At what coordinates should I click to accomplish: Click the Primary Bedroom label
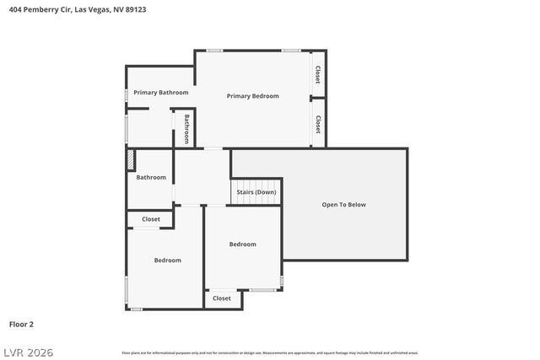(252, 96)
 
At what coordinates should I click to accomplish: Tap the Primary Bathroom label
(161, 92)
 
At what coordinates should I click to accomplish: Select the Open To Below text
(344, 204)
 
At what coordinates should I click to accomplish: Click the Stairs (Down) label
(256, 192)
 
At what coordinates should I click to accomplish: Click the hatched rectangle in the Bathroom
(130, 160)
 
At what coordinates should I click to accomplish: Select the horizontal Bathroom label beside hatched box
(152, 177)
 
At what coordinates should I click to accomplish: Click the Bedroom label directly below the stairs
(243, 244)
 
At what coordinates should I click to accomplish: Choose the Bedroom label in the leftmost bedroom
(167, 261)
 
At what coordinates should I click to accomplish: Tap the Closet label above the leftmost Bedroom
(151, 219)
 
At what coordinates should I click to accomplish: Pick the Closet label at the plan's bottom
(222, 298)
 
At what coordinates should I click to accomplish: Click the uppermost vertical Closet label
(318, 74)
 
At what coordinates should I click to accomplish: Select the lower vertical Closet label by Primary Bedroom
(318, 125)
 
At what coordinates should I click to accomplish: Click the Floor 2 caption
(21, 324)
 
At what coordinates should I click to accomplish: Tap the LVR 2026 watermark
(27, 351)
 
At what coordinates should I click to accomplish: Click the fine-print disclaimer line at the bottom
(270, 352)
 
